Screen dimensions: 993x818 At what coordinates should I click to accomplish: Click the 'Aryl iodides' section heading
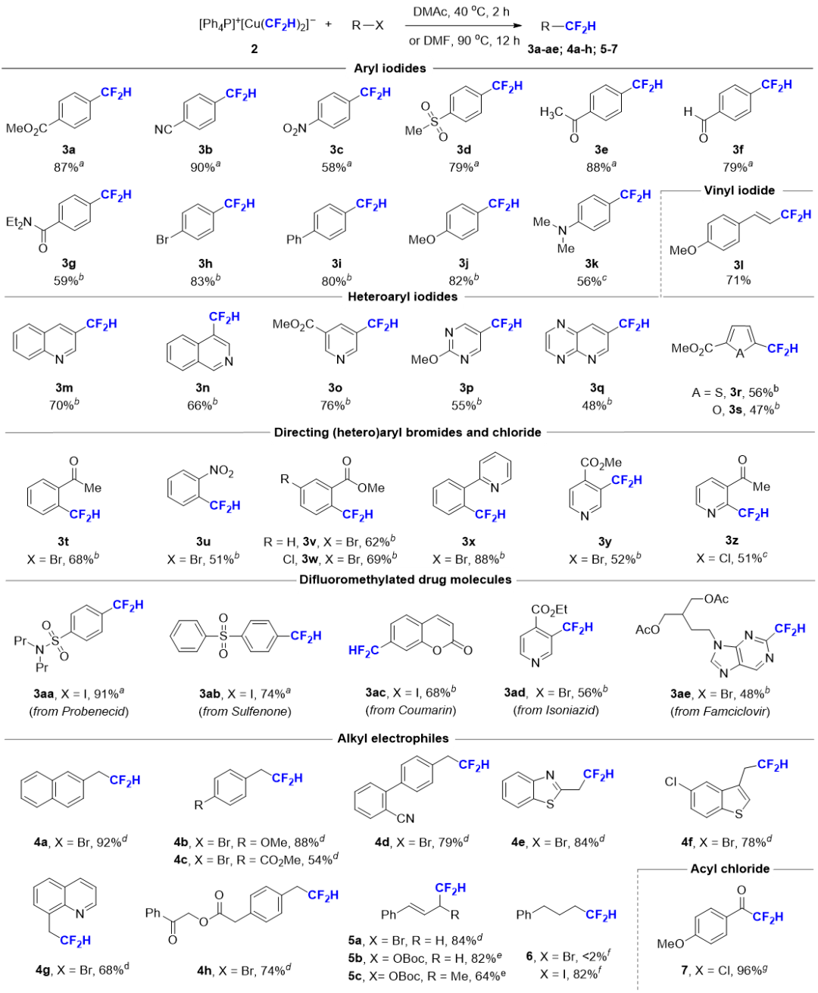pos(389,68)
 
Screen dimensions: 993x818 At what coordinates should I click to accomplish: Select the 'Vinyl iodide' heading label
pos(739,190)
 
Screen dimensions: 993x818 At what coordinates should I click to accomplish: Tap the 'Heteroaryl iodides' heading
pos(402,296)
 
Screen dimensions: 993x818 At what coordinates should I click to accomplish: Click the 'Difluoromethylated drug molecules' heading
pos(405,580)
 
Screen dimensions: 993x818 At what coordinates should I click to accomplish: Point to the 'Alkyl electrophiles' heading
pos(392,739)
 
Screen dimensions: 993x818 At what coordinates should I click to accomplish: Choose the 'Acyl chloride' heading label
pos(730,869)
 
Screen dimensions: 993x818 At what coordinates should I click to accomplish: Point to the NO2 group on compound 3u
pos(221,471)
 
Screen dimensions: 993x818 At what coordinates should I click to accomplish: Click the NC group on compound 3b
pos(163,130)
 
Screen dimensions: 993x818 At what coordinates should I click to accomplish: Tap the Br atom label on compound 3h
pos(162,240)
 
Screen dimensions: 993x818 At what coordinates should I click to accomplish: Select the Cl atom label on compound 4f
pos(672,781)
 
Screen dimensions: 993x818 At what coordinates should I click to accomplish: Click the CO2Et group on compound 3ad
pos(550,609)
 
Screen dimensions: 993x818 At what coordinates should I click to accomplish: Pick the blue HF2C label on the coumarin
pos(364,650)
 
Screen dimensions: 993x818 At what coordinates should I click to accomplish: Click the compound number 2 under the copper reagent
pos(254,49)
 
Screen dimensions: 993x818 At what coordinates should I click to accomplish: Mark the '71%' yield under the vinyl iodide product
pos(738,280)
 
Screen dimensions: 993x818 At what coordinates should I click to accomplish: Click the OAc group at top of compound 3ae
pos(716,598)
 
